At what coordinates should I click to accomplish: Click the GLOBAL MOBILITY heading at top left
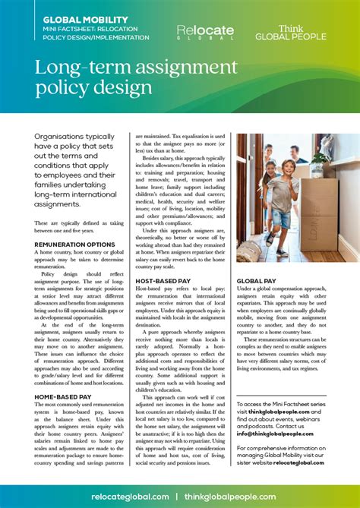click(75, 16)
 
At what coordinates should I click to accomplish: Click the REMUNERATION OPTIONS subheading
click(75, 245)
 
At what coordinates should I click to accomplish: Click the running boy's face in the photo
click(286, 166)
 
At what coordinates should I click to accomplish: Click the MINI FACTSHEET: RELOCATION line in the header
click(90, 28)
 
